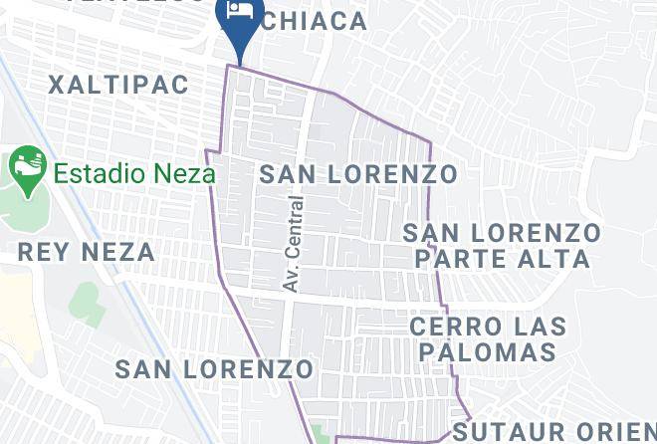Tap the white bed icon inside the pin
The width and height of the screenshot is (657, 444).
(x=239, y=12)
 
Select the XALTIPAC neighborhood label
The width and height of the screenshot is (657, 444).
(x=118, y=85)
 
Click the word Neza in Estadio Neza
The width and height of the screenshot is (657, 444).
(x=184, y=173)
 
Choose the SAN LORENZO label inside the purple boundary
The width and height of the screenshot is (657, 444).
(x=358, y=174)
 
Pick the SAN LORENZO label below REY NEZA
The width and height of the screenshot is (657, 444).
(x=214, y=369)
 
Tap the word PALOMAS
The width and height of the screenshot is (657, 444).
(x=487, y=351)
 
